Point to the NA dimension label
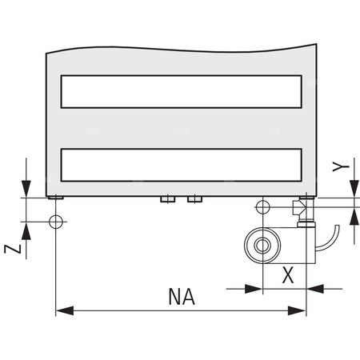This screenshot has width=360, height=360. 182,297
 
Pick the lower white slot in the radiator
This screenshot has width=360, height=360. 182,165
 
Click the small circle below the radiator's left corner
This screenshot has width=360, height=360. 55,220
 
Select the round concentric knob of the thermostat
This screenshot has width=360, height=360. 260,242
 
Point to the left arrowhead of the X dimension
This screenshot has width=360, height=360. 256,287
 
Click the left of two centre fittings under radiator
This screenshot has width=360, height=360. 166,199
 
